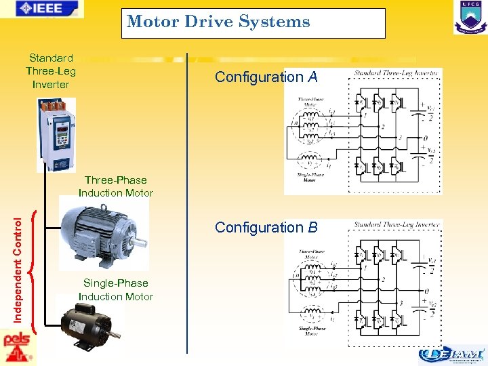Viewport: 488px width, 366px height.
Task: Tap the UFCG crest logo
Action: [x=470, y=17]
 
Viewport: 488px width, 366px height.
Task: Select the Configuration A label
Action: [x=266, y=77]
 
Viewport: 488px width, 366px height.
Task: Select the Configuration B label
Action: [x=266, y=228]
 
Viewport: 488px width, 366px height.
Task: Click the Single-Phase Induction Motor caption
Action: [x=115, y=290]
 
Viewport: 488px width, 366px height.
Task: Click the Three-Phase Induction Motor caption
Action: [x=115, y=186]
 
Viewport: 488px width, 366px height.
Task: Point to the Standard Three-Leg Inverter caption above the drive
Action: [x=51, y=71]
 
